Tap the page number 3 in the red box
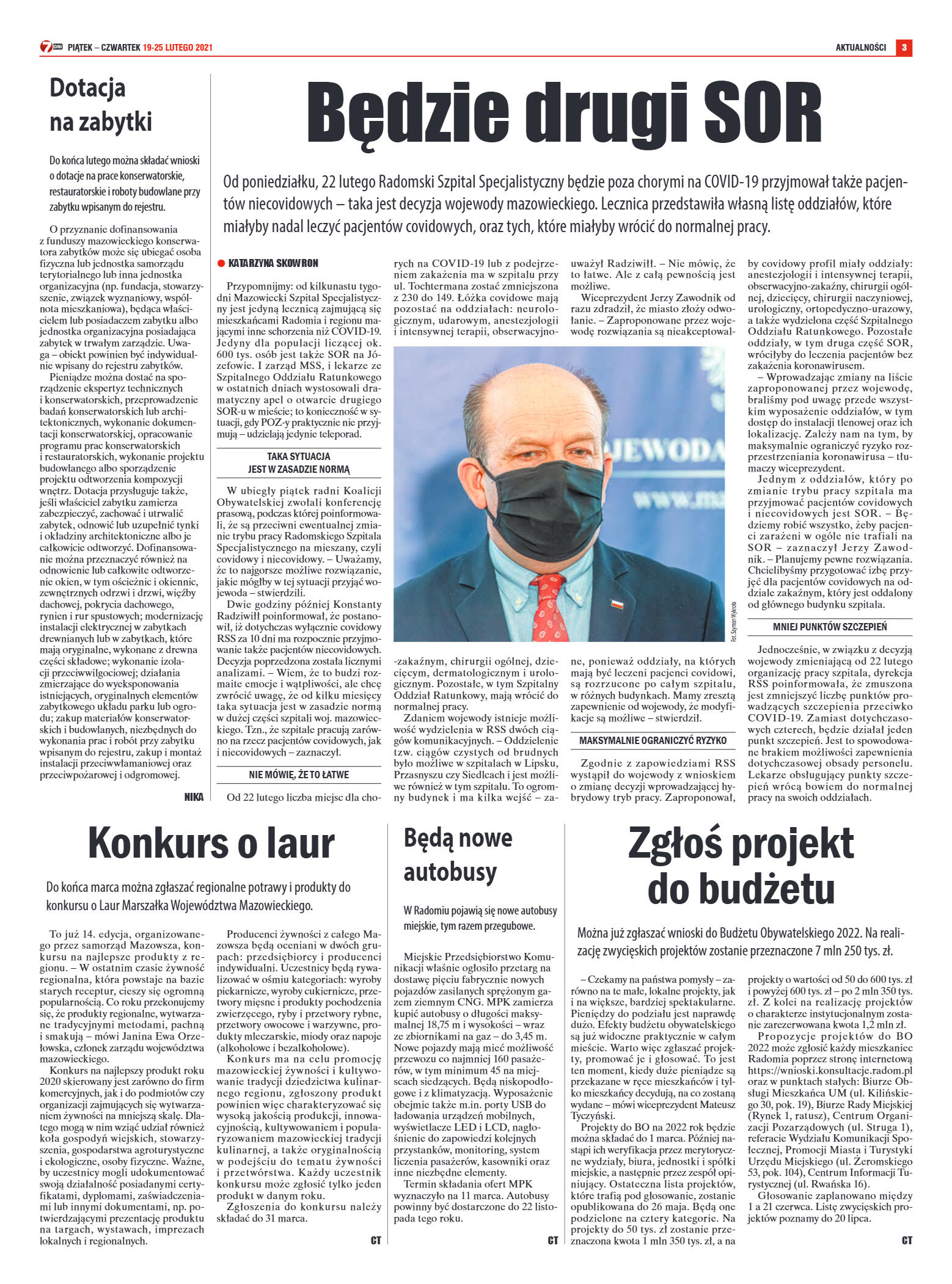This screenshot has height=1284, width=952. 904,48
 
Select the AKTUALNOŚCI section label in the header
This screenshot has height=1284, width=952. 860,48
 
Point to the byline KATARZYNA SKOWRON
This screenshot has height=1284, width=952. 273,263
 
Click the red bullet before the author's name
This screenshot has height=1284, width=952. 221,263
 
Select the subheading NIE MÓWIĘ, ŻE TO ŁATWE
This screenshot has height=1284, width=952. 299,775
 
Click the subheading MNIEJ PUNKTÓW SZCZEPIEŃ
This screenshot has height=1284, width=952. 829,627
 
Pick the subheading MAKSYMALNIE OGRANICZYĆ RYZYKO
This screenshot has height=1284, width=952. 653,740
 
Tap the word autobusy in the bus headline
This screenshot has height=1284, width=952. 450,872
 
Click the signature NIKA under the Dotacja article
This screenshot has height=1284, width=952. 193,797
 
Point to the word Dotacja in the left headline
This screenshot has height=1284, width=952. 87,88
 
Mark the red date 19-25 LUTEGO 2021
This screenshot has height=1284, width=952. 178,48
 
